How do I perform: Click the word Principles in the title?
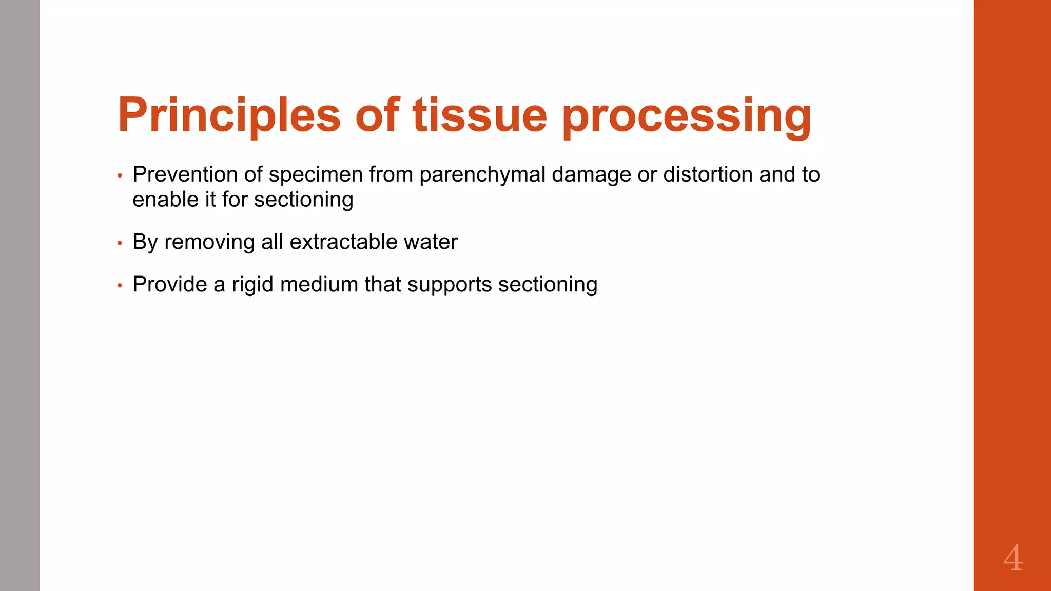pyautogui.click(x=229, y=115)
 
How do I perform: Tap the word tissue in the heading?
pyautogui.click(x=479, y=115)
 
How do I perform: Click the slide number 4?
pyautogui.click(x=1013, y=558)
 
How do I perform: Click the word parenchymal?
pyautogui.click(x=482, y=174)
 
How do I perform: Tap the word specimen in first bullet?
pyautogui.click(x=316, y=174)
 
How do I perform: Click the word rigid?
pyautogui.click(x=252, y=284)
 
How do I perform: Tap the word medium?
pyautogui.click(x=319, y=284)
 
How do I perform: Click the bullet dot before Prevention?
pyautogui.click(x=120, y=176)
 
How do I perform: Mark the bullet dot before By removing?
pyautogui.click(x=120, y=243)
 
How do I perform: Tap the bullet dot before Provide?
pyautogui.click(x=120, y=286)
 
